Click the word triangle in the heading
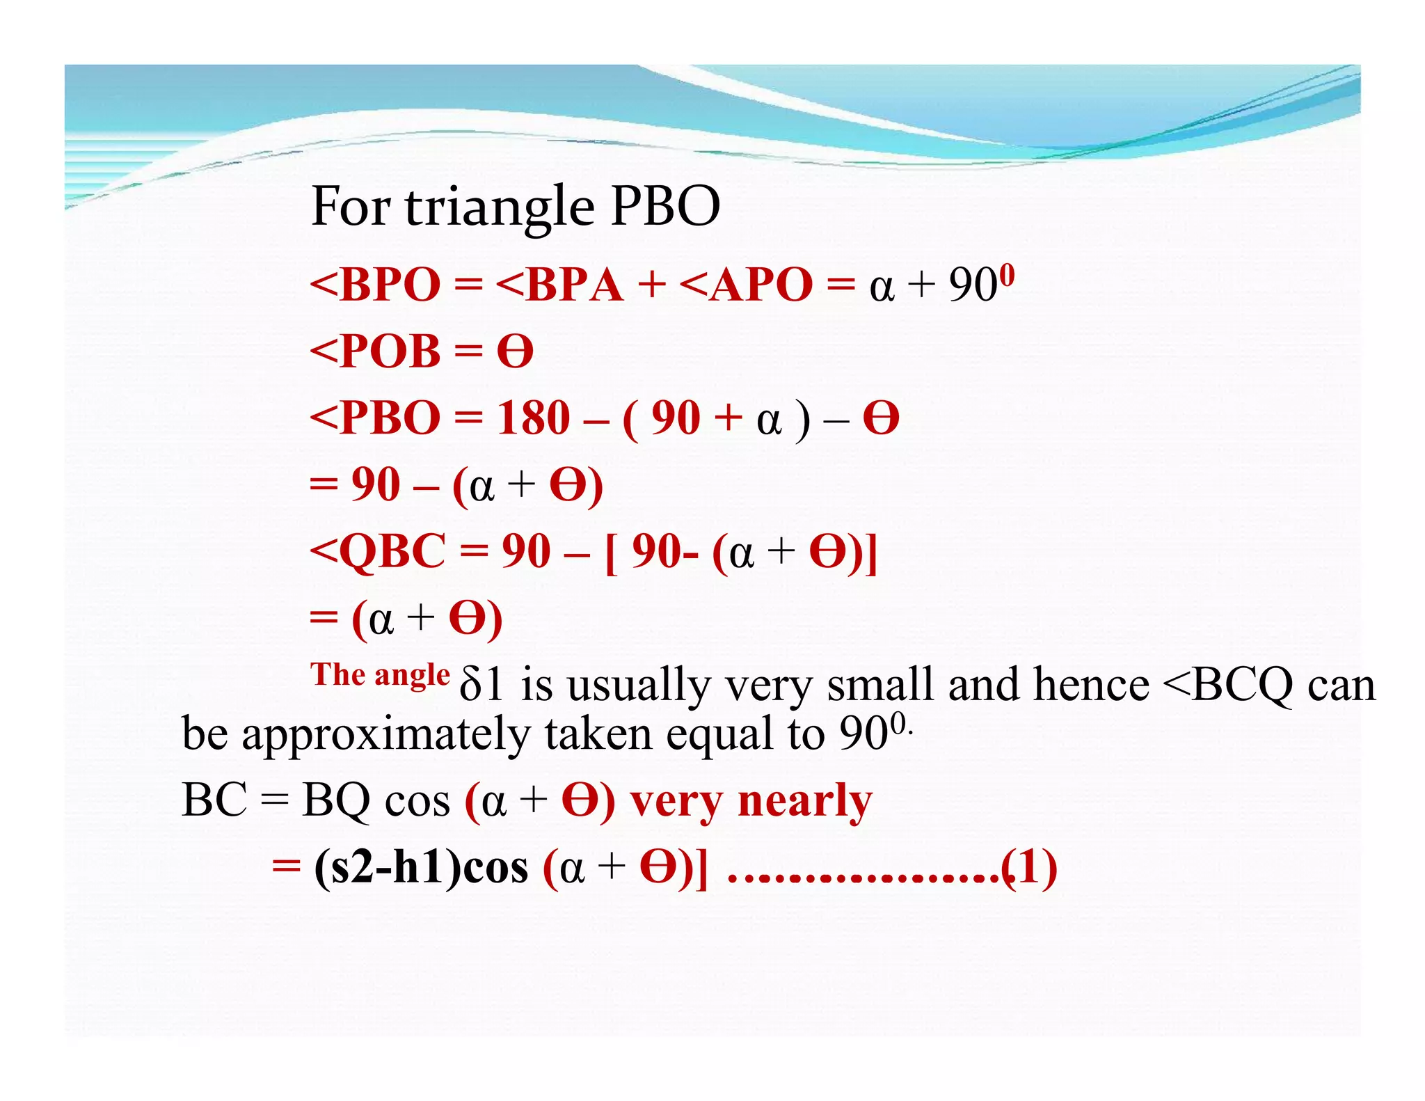(x=500, y=207)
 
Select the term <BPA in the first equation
(x=559, y=285)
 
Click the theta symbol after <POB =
(x=515, y=351)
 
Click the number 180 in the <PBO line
(x=533, y=418)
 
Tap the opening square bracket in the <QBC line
(x=611, y=553)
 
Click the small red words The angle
(x=380, y=674)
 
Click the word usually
(x=638, y=686)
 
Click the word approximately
(x=385, y=735)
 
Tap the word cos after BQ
(x=417, y=801)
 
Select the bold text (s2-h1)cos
(x=421, y=868)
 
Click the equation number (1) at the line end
(x=1030, y=868)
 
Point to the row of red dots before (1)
(x=863, y=878)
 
